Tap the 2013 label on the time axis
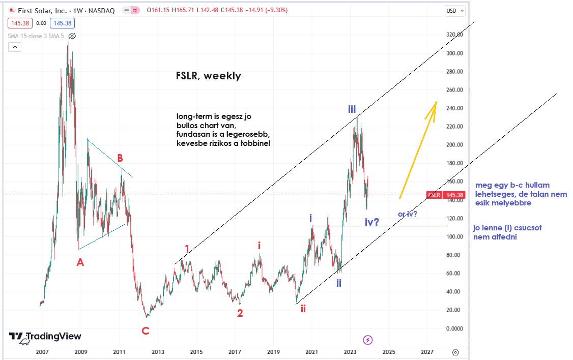tap(158, 352)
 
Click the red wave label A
tap(80, 262)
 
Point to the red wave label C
tap(145, 331)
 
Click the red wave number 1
tap(187, 249)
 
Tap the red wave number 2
tap(240, 313)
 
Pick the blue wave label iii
tap(352, 109)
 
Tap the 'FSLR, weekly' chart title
tap(208, 76)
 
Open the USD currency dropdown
tap(454, 10)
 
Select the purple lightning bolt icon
tap(368, 340)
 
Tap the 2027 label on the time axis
tap(427, 352)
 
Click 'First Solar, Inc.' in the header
tap(38, 10)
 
